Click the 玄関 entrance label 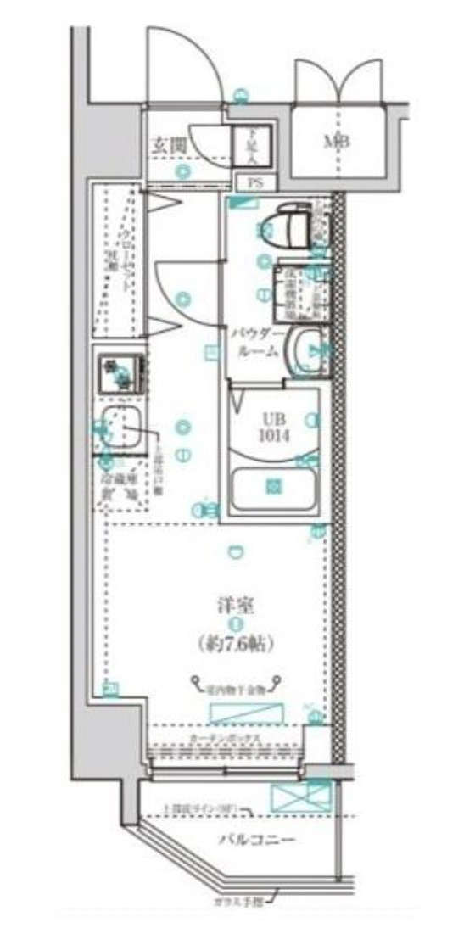coord(168,145)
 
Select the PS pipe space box coord(254,182)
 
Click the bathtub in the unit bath coord(273,487)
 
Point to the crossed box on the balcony coord(299,797)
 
